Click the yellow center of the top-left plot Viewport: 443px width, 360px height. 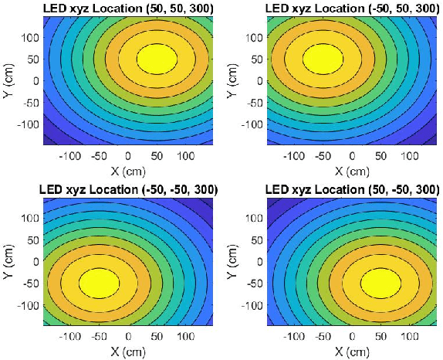(157, 58)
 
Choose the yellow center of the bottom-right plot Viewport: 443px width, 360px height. (380, 280)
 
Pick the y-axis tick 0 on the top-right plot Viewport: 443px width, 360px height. (257, 80)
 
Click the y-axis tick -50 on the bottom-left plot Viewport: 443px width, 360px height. (28, 283)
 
